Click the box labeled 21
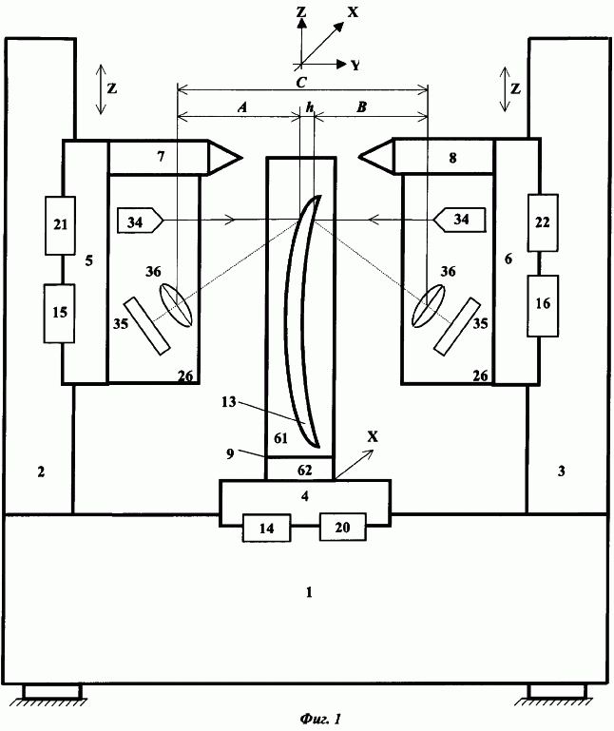[60, 225]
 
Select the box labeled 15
[59, 314]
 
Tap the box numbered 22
[543, 222]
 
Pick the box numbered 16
[543, 306]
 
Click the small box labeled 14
[267, 528]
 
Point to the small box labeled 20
[343, 527]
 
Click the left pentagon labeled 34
[140, 221]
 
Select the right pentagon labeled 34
[460, 220]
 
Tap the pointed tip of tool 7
[242, 158]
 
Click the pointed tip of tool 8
[359, 156]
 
